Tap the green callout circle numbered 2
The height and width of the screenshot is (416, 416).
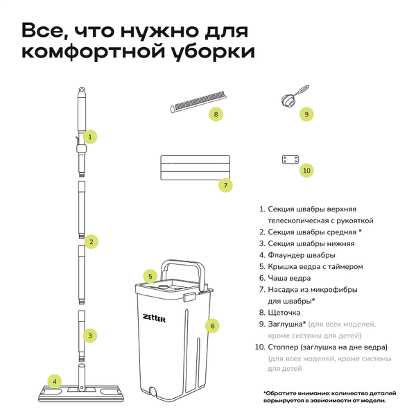(91, 241)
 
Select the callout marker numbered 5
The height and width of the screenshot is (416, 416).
(149, 276)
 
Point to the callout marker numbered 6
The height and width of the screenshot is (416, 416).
(214, 324)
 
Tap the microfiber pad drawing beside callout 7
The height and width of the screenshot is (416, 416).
(189, 168)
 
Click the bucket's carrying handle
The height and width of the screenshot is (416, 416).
(183, 265)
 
